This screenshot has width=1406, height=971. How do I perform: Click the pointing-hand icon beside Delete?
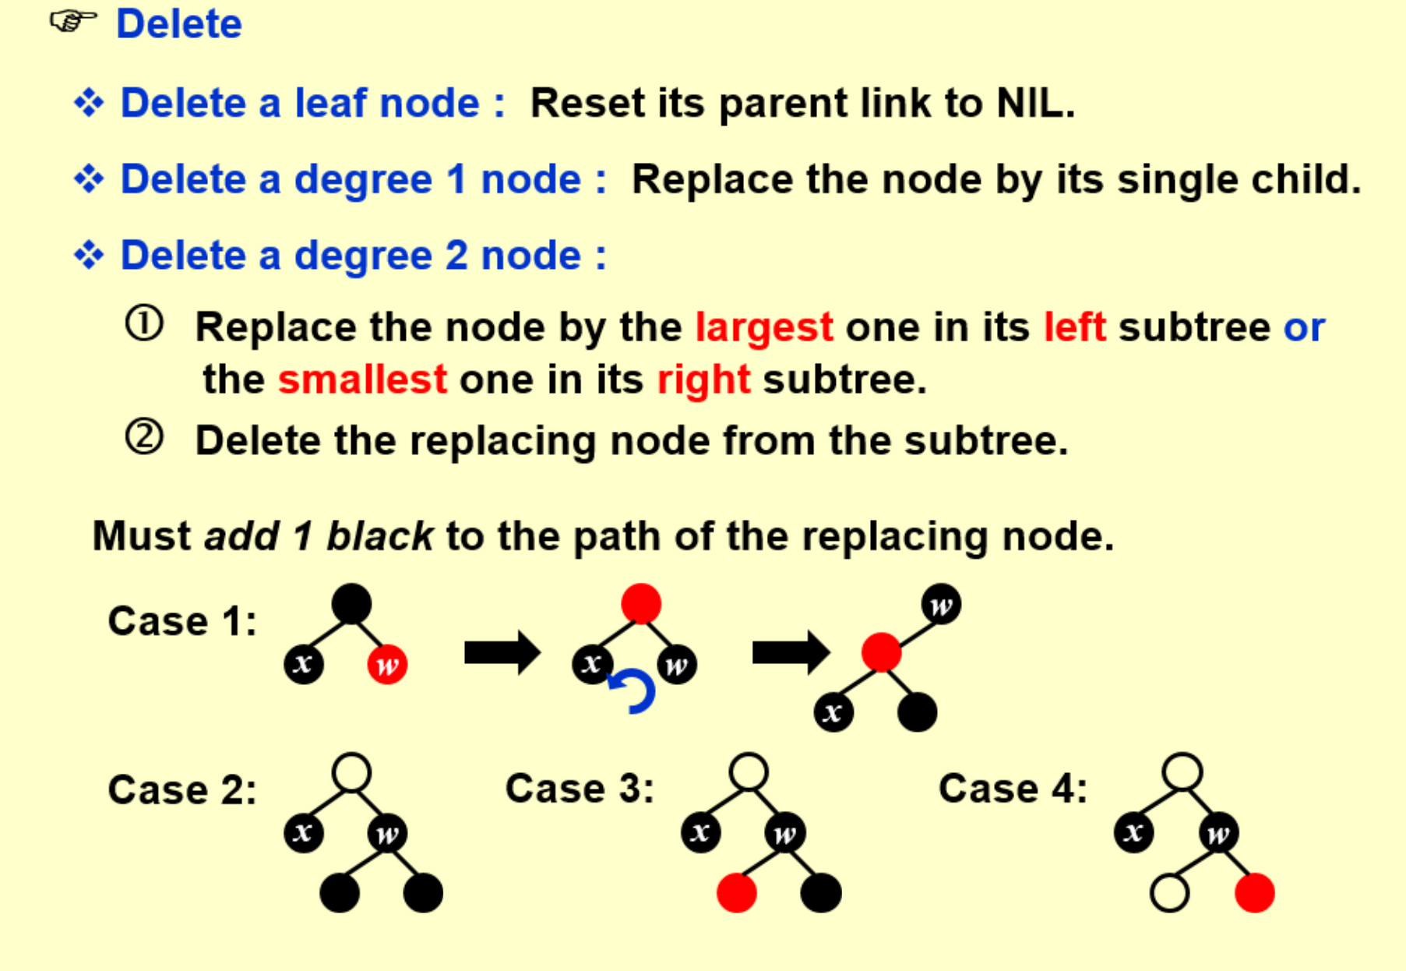click(x=73, y=21)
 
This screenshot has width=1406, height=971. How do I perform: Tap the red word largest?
click(x=763, y=327)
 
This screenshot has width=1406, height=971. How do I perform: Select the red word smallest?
click(x=362, y=380)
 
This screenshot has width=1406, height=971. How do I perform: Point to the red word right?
click(x=703, y=380)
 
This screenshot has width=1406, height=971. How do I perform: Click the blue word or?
click(x=1303, y=327)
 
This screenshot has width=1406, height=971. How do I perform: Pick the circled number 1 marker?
click(x=145, y=324)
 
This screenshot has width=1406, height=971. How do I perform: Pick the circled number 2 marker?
click(x=145, y=437)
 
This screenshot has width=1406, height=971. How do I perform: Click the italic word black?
click(x=379, y=536)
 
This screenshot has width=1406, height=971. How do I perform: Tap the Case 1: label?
click(x=182, y=621)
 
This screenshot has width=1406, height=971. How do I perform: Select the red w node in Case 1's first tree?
click(x=387, y=665)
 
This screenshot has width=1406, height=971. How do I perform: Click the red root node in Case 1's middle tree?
click(x=641, y=604)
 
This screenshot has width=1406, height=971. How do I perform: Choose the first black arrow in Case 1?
click(x=502, y=652)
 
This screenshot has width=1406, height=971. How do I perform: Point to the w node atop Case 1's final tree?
click(x=941, y=604)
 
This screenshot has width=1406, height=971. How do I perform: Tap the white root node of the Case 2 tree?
click(x=351, y=773)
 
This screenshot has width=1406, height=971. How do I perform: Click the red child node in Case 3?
click(x=737, y=892)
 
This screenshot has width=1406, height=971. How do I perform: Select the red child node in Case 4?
click(x=1254, y=892)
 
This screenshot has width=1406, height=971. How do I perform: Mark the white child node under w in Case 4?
click(x=1169, y=892)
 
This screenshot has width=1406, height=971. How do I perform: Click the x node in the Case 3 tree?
click(x=701, y=832)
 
